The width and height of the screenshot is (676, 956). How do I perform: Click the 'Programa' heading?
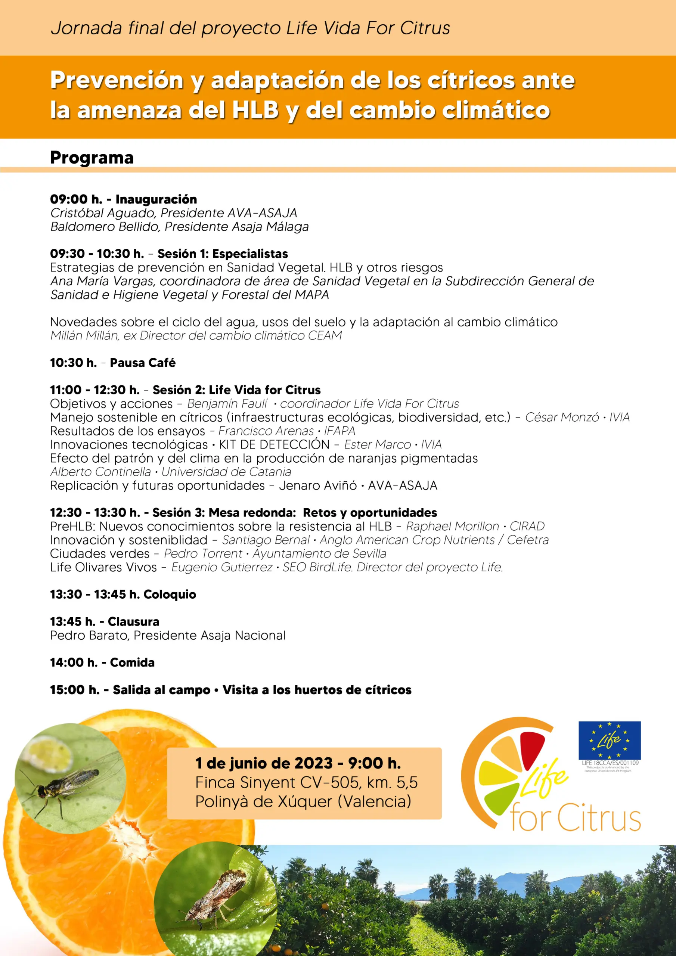coord(92,158)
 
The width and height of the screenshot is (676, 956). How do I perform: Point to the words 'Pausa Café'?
coord(142,363)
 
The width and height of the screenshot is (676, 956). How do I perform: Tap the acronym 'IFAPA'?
coord(339,431)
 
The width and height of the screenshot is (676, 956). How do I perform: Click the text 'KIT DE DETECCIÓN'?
coord(274,445)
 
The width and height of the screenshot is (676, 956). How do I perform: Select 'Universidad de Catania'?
coord(226,472)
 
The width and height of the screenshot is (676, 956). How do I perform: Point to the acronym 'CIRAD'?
coord(527,526)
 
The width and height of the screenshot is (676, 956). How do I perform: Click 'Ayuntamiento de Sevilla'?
coord(319,554)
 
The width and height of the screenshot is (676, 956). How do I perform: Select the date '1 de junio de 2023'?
coord(264,763)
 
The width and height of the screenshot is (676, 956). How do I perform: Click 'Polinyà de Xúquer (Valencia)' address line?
coord(303,801)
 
